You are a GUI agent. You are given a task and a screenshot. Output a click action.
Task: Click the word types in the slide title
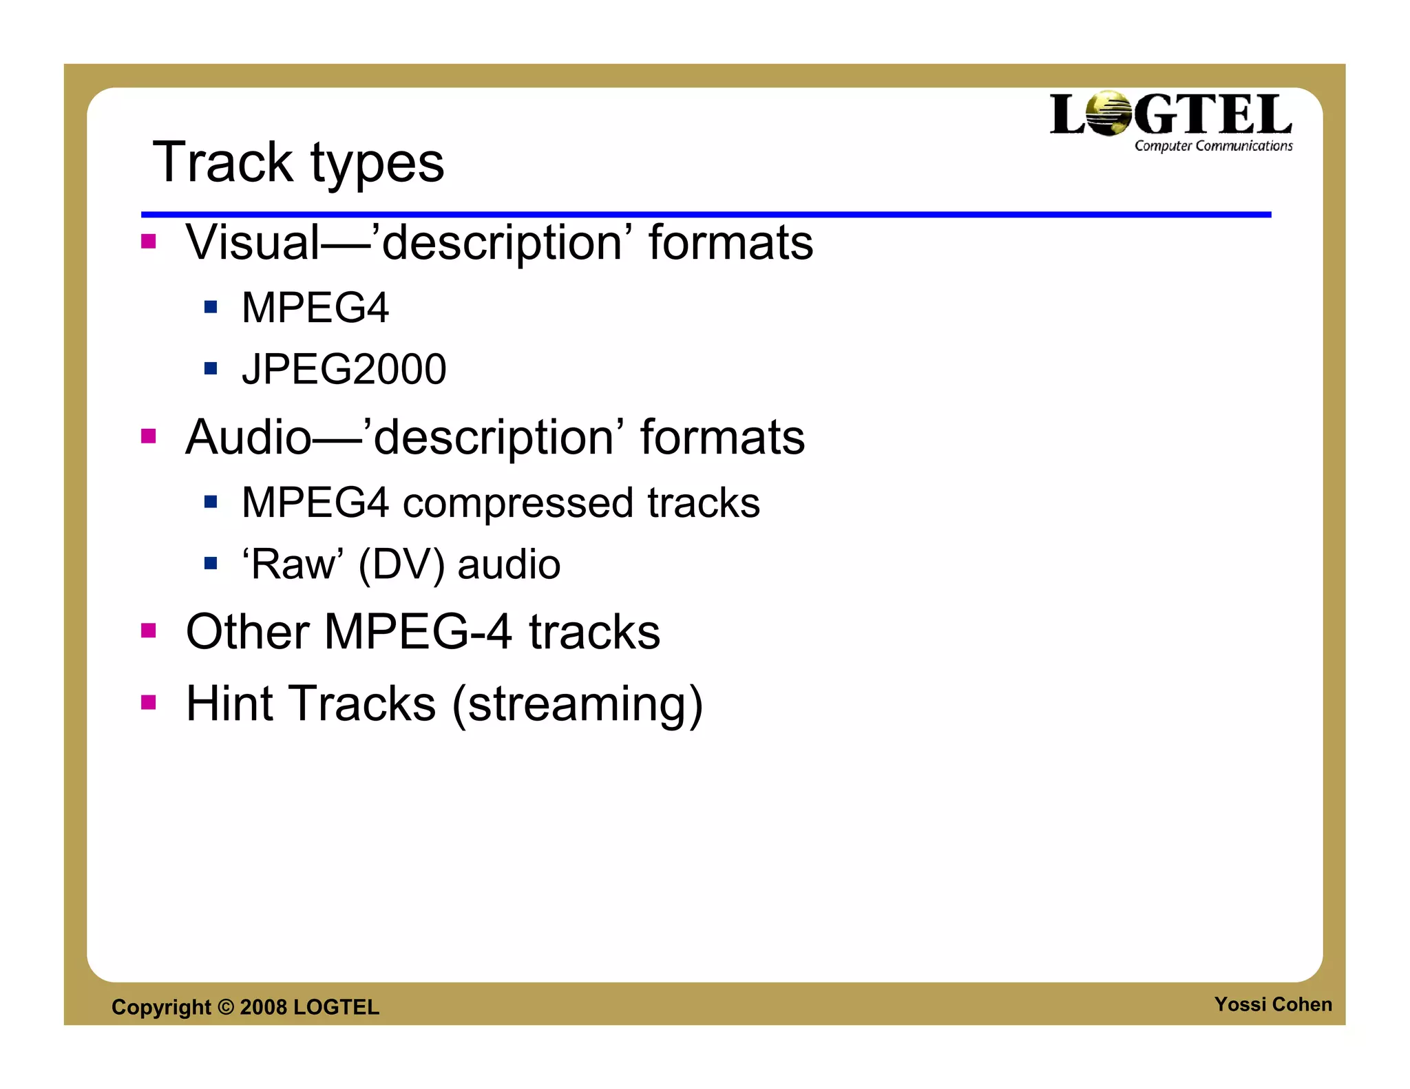377,165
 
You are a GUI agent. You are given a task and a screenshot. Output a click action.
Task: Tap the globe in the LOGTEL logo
1109,114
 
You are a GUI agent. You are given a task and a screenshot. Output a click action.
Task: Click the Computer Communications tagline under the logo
1213,146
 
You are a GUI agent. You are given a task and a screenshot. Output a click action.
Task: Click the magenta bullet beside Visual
149,241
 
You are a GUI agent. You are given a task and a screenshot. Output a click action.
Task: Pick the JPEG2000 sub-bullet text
344,369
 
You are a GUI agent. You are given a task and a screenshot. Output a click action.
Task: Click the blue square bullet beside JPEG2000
211,368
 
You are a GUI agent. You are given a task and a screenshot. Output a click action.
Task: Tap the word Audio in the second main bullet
249,437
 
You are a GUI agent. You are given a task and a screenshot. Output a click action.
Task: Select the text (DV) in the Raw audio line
401,565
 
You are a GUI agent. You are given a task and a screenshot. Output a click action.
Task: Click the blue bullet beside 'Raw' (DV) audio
211,564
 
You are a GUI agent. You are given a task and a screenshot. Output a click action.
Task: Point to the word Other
248,632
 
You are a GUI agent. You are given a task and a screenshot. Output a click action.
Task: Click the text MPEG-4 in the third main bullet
418,632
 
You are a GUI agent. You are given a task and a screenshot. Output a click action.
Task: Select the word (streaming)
577,705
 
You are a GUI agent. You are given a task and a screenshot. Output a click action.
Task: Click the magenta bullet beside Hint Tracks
149,702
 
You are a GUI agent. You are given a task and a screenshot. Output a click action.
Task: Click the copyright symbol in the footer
226,1007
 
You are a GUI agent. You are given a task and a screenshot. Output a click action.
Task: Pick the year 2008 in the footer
263,1007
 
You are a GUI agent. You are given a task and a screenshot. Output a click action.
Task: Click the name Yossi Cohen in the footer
1272,1004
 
